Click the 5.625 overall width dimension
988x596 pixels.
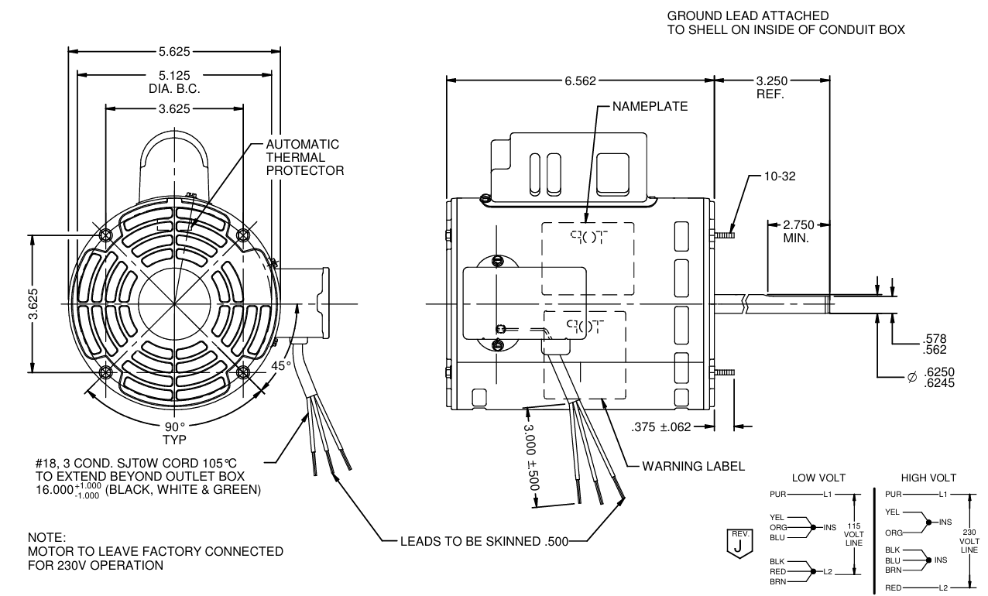click(174, 53)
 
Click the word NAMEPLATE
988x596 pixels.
click(649, 107)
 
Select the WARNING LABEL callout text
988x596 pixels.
click(693, 467)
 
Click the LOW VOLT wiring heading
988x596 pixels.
click(818, 478)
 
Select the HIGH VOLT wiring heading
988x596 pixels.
click(928, 478)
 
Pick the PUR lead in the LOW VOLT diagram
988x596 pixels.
click(777, 493)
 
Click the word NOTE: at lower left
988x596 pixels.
click(47, 537)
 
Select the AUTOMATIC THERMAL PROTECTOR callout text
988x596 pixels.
click(304, 157)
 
